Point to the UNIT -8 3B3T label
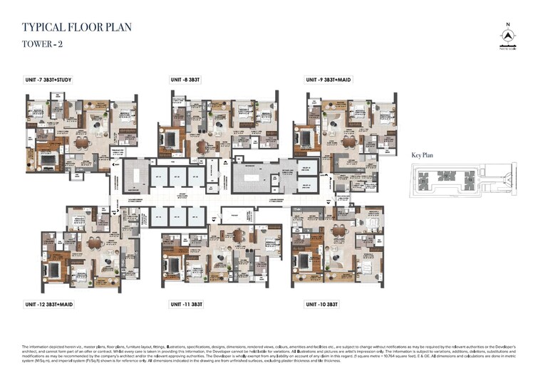point(187,80)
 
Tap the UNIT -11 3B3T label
point(187,304)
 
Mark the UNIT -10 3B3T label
point(323,304)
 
